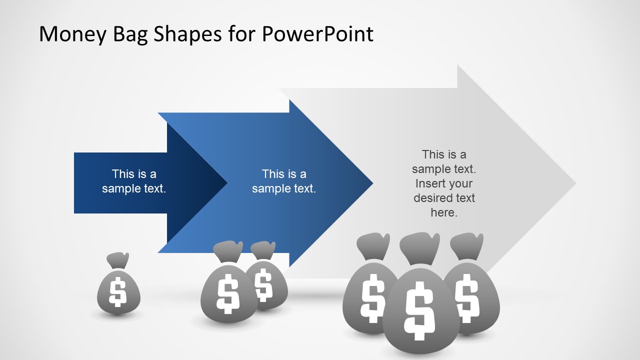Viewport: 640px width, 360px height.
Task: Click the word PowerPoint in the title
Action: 317,34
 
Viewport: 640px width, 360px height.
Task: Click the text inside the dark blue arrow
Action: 134,181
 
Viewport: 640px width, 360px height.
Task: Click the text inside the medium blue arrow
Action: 284,181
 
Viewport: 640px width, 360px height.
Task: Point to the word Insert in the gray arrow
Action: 444,183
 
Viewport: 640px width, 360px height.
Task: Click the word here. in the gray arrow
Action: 444,212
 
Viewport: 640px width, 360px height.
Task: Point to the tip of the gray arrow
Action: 575,183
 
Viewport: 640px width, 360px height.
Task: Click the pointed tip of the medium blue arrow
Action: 372,183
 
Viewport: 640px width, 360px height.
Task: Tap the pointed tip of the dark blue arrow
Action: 227,183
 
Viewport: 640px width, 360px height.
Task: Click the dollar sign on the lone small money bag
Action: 118,292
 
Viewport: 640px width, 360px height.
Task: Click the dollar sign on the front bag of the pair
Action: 228,293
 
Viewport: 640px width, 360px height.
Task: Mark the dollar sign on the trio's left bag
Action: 372,299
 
